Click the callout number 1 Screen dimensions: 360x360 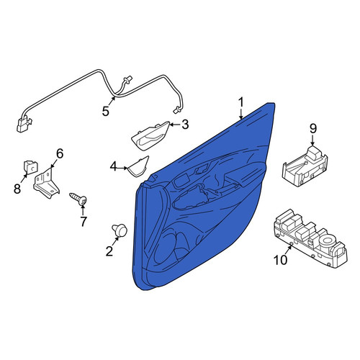pyautogui.click(x=241, y=103)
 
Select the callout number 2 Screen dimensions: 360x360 pyautogui.click(x=109, y=251)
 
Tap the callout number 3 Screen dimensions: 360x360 pyautogui.click(x=185, y=125)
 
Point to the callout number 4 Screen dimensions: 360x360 pyautogui.click(x=114, y=166)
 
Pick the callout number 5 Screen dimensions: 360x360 pyautogui.click(x=106, y=112)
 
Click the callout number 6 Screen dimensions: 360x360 pyautogui.click(x=60, y=153)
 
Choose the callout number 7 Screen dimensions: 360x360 pyautogui.click(x=83, y=221)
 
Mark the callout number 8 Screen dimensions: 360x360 pyautogui.click(x=17, y=189)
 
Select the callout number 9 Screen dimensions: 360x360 pyautogui.click(x=312, y=129)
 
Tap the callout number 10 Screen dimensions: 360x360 pyautogui.click(x=280, y=260)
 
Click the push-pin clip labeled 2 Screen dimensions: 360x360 pyautogui.click(x=120, y=230)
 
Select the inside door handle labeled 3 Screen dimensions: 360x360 pyautogui.click(x=150, y=136)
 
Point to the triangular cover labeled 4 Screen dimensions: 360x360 pyautogui.click(x=138, y=166)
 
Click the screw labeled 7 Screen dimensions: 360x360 pyautogui.click(x=78, y=199)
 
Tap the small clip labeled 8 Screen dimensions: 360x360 pyautogui.click(x=30, y=166)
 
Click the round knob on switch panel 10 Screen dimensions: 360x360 pyautogui.click(x=328, y=240)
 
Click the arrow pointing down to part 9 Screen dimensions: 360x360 pyautogui.click(x=312, y=140)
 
